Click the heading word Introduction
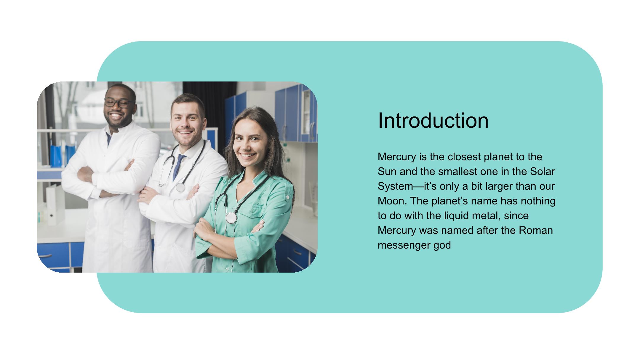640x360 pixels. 433,121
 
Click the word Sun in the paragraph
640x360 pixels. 387,172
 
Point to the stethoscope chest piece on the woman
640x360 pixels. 231,218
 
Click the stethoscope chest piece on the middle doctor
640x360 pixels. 180,187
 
